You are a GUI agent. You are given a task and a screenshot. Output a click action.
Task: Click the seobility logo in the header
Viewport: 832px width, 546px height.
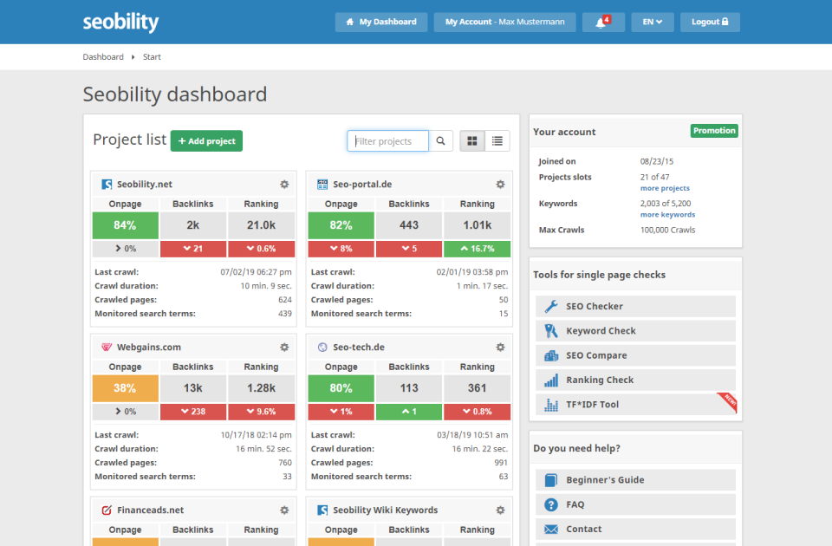[x=120, y=22]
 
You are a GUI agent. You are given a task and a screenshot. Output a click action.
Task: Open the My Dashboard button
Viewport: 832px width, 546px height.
[x=381, y=22]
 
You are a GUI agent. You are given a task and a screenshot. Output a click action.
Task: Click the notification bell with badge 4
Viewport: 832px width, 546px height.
[x=603, y=22]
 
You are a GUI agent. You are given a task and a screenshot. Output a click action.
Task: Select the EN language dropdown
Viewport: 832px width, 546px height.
[x=652, y=22]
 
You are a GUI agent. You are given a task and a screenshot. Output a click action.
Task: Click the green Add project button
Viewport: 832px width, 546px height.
[x=206, y=141]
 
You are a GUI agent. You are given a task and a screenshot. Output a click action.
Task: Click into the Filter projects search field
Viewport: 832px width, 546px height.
[x=388, y=141]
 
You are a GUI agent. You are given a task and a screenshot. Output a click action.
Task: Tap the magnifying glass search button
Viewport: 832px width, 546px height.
[x=441, y=141]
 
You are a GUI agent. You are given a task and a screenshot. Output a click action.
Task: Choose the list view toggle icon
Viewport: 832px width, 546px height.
[x=497, y=141]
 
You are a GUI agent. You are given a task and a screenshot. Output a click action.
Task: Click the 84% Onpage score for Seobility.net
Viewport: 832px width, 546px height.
[x=125, y=225]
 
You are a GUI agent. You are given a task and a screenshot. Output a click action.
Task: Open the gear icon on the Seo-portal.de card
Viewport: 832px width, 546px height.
[x=500, y=185]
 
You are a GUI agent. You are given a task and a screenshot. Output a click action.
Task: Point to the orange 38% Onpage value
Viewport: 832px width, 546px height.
[x=125, y=388]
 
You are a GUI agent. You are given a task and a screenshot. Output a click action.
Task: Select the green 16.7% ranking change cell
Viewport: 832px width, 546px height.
[x=477, y=249]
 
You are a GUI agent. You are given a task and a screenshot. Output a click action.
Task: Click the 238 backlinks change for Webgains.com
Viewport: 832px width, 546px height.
[x=192, y=412]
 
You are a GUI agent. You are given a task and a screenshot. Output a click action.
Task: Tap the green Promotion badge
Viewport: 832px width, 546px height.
[x=714, y=131]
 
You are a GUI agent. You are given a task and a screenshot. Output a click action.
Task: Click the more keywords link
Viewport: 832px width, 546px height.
[x=667, y=215]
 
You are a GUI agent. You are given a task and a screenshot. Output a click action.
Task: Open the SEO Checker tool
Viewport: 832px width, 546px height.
[x=595, y=307]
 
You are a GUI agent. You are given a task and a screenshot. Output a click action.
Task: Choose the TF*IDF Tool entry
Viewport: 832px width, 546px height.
[x=592, y=405]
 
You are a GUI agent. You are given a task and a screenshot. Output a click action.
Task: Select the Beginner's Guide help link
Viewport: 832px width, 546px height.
[x=605, y=480]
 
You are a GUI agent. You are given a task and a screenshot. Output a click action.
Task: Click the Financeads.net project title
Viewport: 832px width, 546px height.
[x=150, y=510]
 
